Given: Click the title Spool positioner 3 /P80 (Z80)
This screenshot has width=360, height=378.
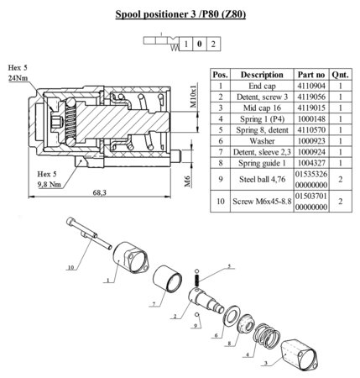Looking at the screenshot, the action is coord(180,14).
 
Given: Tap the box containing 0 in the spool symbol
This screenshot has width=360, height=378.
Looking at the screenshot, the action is coord(200,44).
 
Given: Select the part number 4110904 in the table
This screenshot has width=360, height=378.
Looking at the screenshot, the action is coord(311,86).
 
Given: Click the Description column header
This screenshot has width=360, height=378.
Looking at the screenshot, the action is coord(262,75).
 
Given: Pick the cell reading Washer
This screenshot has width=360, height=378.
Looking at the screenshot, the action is coord(262,141).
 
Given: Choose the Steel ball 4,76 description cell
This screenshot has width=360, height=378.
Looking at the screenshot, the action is coord(262,179).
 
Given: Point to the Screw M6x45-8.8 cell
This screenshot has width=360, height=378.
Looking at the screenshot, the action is coord(262,202).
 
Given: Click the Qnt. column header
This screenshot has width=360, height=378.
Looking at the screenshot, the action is coord(341,75).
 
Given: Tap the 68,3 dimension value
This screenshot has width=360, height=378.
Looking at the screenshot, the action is coord(100,192).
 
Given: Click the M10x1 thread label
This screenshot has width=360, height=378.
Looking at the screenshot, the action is coord(194,95).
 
